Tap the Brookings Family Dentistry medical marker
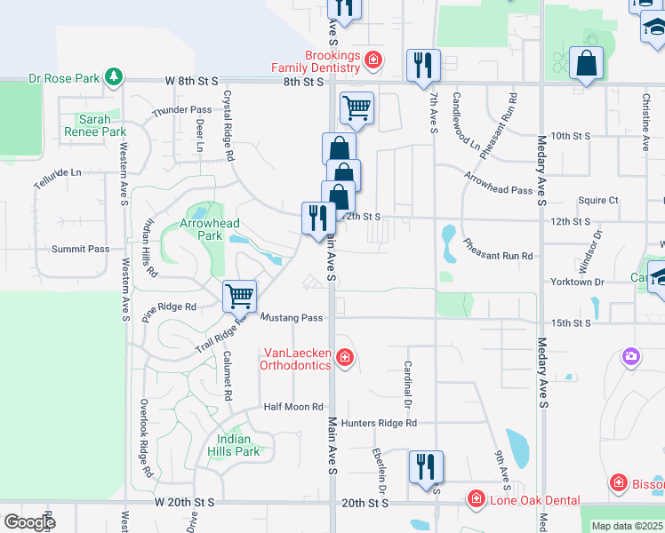point(374,60)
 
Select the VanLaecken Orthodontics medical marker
point(345,358)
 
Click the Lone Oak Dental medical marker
point(477,499)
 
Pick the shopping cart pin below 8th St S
point(357,108)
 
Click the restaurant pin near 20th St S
point(426,465)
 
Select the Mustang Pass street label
point(291,318)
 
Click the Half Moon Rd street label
point(292,407)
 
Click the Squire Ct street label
point(597,201)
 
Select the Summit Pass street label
point(80,250)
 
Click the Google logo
point(29,521)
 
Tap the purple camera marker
point(630,357)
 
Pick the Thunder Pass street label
point(181,111)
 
